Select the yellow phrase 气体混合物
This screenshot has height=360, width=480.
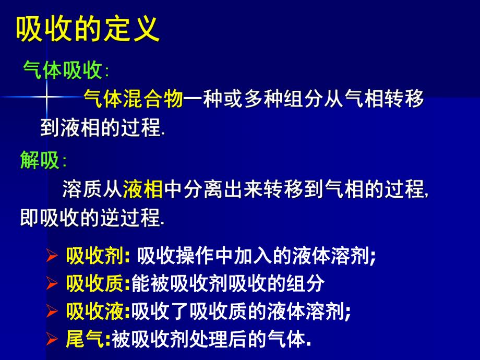(134, 99)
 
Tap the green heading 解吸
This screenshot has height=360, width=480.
(40, 160)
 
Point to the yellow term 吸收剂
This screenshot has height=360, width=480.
(94, 257)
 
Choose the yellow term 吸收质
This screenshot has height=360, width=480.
(94, 284)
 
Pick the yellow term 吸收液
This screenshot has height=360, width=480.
(94, 311)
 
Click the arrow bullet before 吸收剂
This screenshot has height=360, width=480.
(51, 257)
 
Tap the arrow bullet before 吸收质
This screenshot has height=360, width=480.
(51, 284)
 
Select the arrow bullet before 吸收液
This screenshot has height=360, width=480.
(51, 312)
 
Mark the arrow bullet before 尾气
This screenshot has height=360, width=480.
(51, 340)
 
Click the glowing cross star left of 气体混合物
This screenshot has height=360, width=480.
(46, 97)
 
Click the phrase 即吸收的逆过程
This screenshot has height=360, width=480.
(91, 219)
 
